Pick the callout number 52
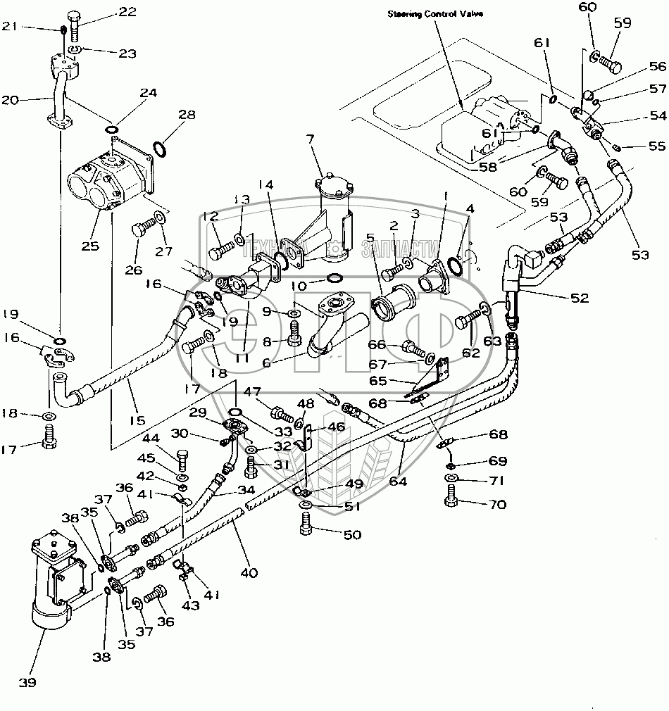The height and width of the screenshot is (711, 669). coord(579,298)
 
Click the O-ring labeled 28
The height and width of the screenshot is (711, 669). coord(160,149)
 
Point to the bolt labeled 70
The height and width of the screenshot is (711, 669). coord(451,502)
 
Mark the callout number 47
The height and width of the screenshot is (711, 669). coord(253,391)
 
